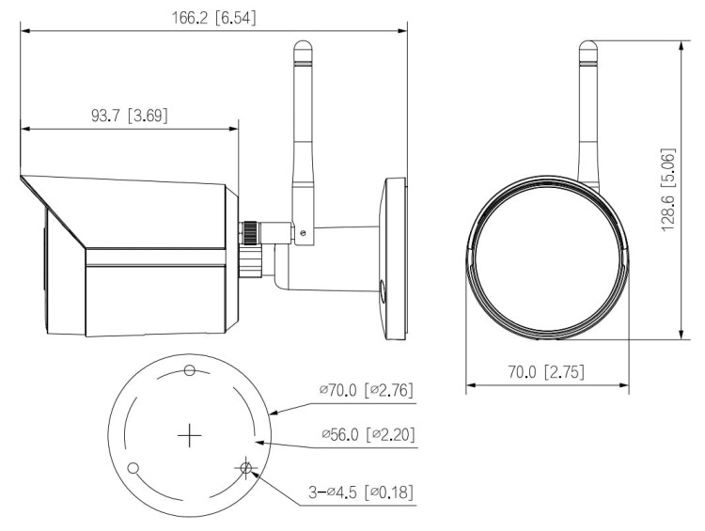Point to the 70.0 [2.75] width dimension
(x=547, y=372)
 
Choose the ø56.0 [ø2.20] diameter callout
(x=367, y=434)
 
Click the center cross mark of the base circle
(x=190, y=435)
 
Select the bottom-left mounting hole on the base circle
(x=133, y=468)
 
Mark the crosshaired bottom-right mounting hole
(x=246, y=468)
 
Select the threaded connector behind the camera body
(x=252, y=246)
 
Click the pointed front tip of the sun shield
(x=22, y=178)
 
